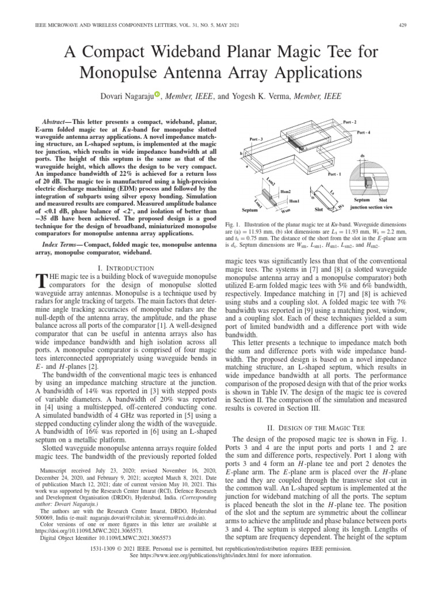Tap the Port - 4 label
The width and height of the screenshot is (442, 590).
(364, 133)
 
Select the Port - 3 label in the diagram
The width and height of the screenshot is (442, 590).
(256, 139)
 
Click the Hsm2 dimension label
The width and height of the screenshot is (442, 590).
(286, 191)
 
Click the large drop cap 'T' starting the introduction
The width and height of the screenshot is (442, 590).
(41, 282)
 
